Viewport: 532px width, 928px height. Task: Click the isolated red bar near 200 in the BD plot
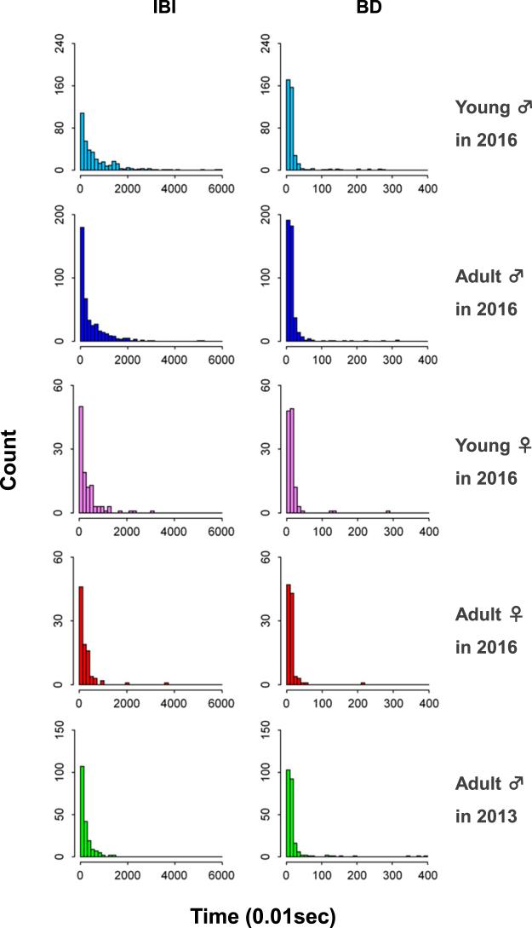363,683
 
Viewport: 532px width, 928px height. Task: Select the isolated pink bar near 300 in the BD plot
388,510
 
